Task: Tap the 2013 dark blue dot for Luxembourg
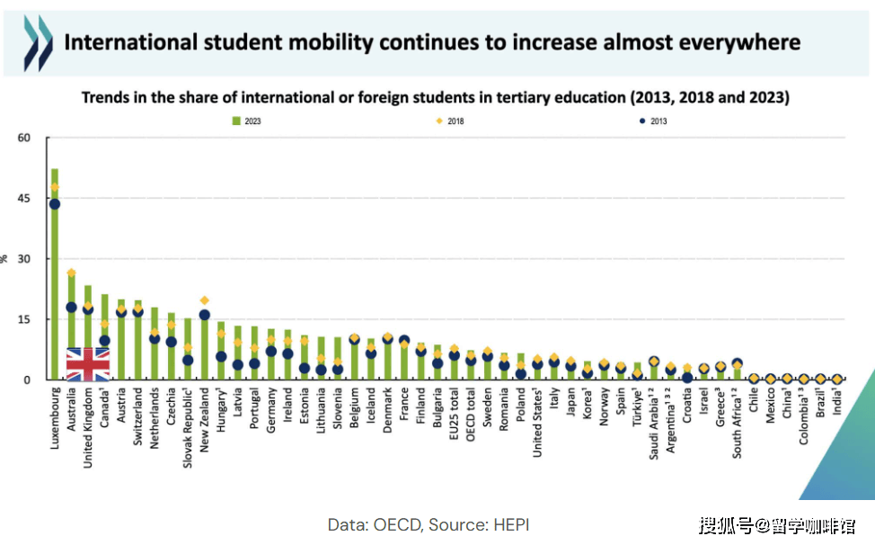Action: pyautogui.click(x=55, y=204)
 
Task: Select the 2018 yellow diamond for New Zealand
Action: pyautogui.click(x=205, y=300)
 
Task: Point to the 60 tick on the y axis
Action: pyautogui.click(x=24, y=138)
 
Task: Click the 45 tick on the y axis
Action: pyautogui.click(x=24, y=199)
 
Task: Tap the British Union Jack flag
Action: pyautogui.click(x=88, y=364)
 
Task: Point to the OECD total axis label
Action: pyautogui.click(x=471, y=414)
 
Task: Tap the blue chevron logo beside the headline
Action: pyautogui.click(x=37, y=42)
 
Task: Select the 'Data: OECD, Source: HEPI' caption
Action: pyautogui.click(x=429, y=524)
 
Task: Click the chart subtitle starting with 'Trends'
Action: pyautogui.click(x=436, y=97)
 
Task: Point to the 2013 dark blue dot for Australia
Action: pyautogui.click(x=72, y=308)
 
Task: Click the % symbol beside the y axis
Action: pyautogui.click(x=6, y=259)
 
